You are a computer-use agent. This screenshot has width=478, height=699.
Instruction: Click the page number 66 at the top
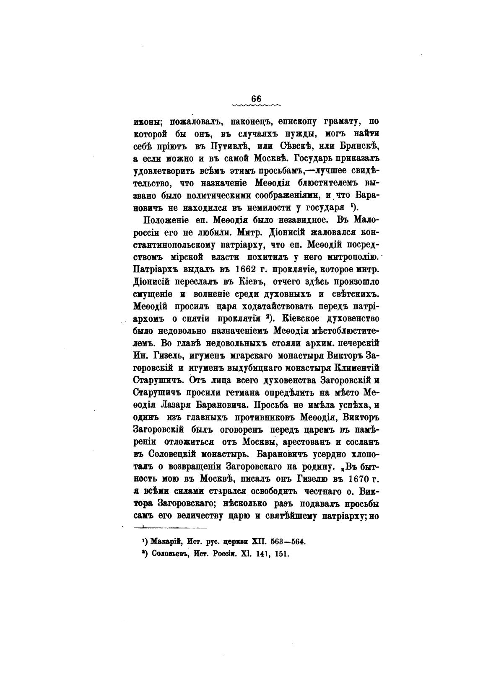(x=256, y=98)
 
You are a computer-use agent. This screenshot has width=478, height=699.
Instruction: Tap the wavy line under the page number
(x=256, y=104)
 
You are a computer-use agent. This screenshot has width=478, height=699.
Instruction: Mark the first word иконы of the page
(x=148, y=123)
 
